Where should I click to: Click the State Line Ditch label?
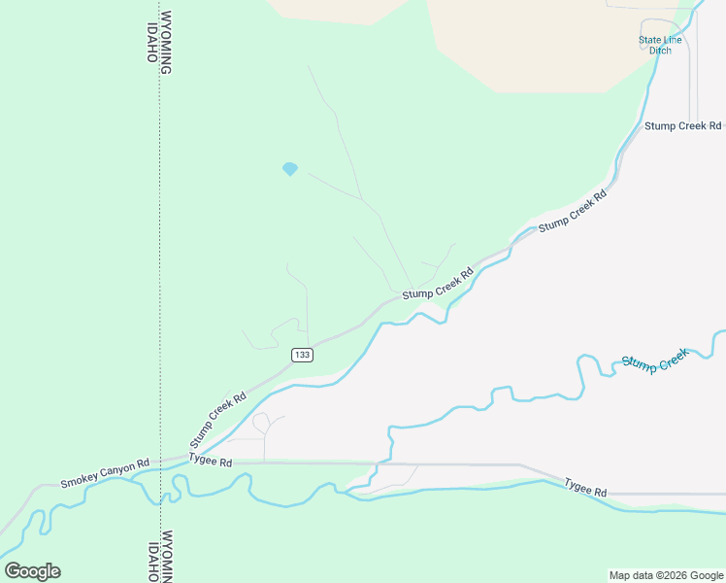point(660,45)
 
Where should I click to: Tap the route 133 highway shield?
point(301,356)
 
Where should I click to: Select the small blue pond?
point(289,169)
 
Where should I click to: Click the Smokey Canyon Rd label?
point(105,473)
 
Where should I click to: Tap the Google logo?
point(32,571)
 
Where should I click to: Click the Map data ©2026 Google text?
point(665,575)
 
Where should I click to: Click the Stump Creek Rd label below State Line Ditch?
point(683,125)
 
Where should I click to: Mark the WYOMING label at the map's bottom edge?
point(167,556)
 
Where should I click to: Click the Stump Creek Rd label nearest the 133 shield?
point(218,418)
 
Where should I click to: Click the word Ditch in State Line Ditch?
point(660,51)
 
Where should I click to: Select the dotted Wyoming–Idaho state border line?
point(159,243)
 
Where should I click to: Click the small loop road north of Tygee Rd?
point(260,422)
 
